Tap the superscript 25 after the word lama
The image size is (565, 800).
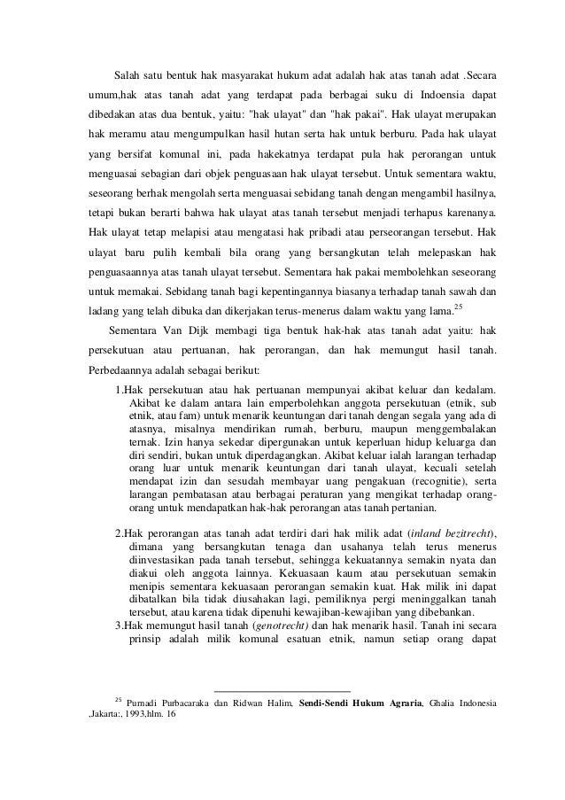458,307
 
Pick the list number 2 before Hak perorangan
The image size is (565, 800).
120,532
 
